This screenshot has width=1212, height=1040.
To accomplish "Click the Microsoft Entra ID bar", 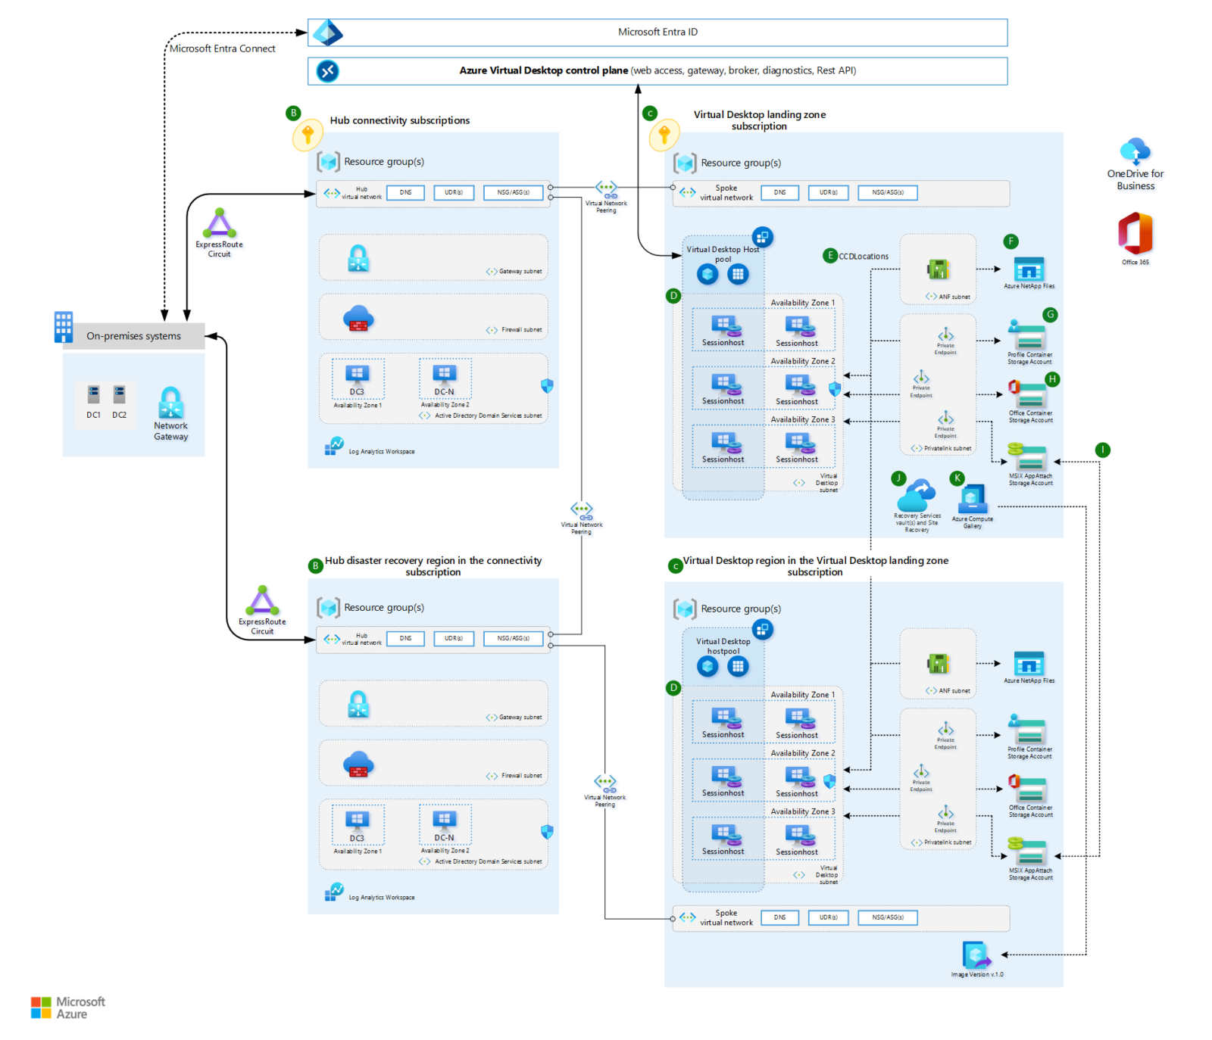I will (657, 33).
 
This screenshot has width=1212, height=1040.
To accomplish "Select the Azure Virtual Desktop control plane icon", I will (327, 71).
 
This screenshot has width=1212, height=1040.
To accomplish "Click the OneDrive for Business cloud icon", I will (1135, 151).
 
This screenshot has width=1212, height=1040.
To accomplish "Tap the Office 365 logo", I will (1135, 233).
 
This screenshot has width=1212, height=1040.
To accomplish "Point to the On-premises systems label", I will (133, 336).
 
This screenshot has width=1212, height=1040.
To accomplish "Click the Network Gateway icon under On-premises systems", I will (170, 403).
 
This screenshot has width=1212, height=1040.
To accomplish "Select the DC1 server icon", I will (93, 394).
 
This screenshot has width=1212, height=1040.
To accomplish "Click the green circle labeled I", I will (1103, 450).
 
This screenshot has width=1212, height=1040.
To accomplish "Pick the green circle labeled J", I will (898, 478).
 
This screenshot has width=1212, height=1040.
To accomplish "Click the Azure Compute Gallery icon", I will (972, 500).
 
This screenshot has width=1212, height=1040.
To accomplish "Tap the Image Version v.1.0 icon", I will (976, 955).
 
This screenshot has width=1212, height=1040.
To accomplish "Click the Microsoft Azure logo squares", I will (41, 1007).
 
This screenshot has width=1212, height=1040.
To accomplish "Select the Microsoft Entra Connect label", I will (222, 48).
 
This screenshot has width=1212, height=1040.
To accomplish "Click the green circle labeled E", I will (830, 256).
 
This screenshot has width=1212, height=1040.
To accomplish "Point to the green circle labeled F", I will (1011, 241).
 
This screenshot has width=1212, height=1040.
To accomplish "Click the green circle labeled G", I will (1050, 314).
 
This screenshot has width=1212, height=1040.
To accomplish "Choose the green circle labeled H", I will (1052, 379).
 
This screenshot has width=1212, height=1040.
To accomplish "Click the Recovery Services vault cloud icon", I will (916, 497).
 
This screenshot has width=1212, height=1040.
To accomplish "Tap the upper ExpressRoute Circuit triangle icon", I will (219, 223).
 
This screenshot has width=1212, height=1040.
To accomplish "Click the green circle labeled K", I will (957, 478).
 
